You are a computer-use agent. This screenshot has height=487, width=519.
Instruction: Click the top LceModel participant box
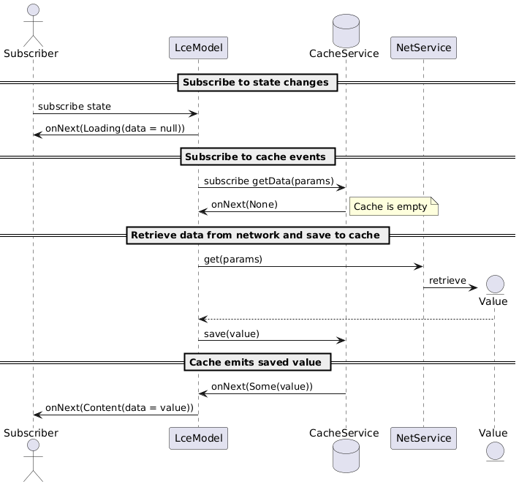(198, 48)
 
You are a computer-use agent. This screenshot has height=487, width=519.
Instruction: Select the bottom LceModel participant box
(198, 438)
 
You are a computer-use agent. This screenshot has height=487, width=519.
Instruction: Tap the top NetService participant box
(424, 48)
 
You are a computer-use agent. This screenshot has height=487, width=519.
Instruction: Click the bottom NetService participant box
(424, 438)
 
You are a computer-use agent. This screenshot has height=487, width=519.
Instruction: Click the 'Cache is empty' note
(393, 207)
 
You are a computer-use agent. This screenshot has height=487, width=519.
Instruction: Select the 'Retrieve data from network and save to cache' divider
(257, 235)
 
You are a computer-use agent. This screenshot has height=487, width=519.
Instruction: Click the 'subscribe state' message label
(75, 107)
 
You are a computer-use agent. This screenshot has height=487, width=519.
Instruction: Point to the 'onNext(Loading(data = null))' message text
(115, 128)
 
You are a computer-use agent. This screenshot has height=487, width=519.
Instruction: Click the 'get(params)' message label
(233, 260)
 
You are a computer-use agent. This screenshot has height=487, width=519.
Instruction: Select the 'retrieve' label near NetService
(447, 281)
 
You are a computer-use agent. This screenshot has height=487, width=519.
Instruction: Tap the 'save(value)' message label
(232, 333)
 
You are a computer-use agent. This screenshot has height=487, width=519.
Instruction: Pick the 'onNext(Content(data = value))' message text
(119, 407)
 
